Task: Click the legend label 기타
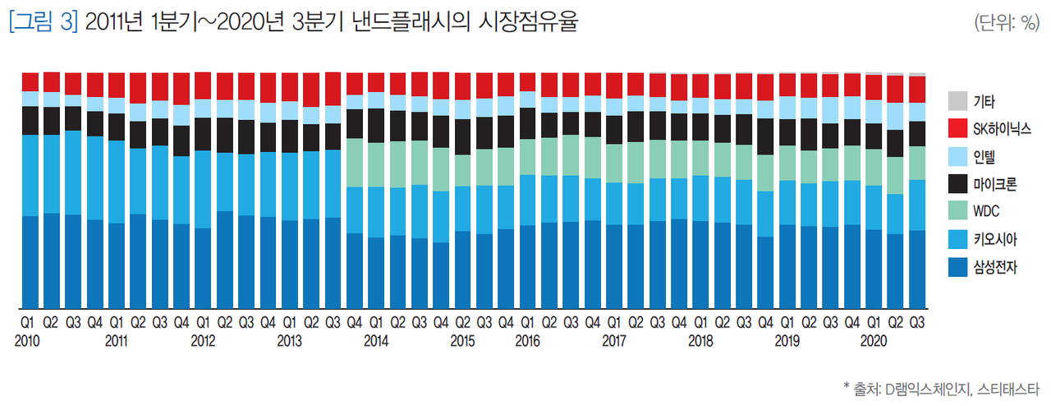(x=984, y=102)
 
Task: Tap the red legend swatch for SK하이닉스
(x=957, y=129)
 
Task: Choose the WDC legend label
(x=986, y=211)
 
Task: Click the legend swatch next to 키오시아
(x=957, y=239)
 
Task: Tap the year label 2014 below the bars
(x=375, y=339)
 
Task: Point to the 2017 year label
(x=613, y=339)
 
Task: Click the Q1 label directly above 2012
(x=202, y=321)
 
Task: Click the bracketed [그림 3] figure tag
(x=43, y=23)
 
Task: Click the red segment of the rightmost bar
(x=916, y=89)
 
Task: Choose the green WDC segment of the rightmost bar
(x=916, y=163)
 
